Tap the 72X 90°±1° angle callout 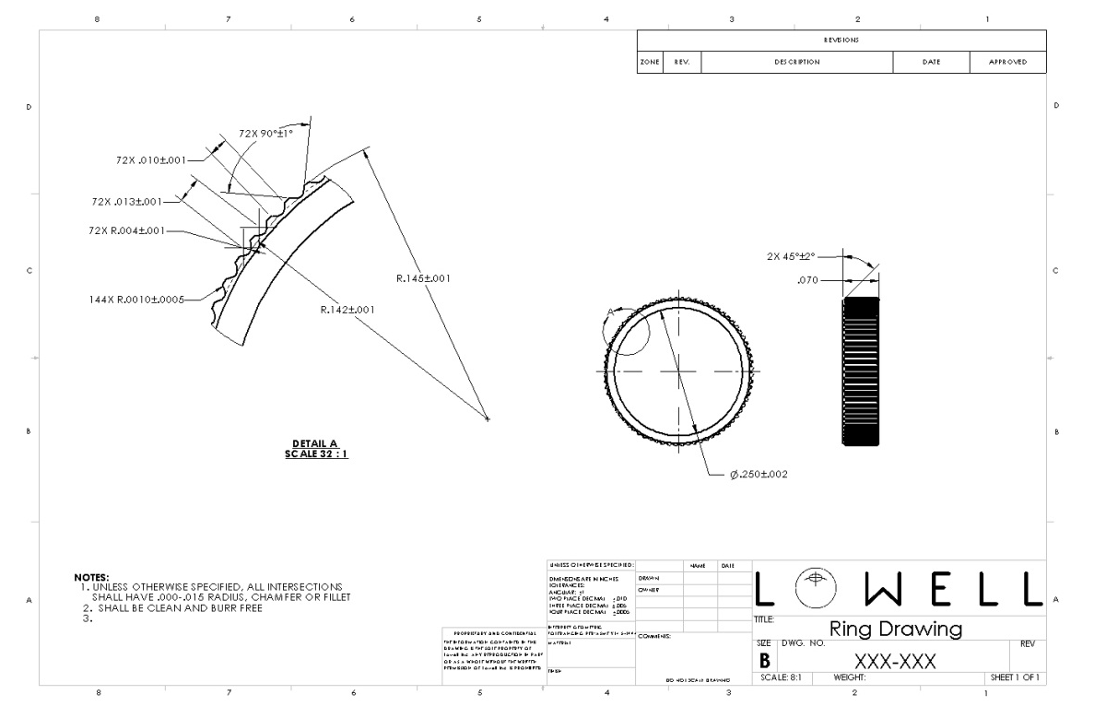266,134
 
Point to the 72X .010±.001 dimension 150,159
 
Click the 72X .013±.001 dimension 127,200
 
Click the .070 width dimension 808,278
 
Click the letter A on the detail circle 609,312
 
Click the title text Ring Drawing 895,630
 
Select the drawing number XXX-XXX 896,661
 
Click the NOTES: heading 91,577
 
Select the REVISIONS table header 842,41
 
